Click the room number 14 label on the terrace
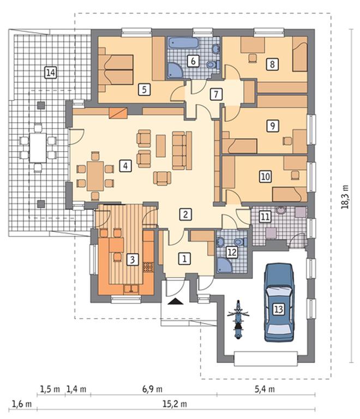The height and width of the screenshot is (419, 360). click(x=51, y=73)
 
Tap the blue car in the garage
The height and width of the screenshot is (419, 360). click(x=279, y=302)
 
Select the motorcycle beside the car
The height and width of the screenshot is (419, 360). click(x=238, y=320)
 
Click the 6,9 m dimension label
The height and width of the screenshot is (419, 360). click(x=152, y=389)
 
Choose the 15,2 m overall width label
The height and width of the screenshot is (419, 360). click(x=175, y=404)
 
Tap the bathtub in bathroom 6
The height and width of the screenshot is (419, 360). click(x=183, y=43)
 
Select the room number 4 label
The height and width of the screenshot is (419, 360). click(x=125, y=166)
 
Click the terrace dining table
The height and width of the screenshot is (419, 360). click(x=38, y=148)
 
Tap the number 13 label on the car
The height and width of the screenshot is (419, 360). click(x=279, y=309)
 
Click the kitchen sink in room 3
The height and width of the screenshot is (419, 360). click(x=131, y=289)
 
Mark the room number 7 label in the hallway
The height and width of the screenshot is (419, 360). click(x=216, y=94)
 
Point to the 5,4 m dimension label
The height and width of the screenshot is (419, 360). click(x=265, y=389)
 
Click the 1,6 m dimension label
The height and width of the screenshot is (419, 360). click(x=21, y=404)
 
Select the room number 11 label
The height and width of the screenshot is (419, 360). click(x=265, y=217)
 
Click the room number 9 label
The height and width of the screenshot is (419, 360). click(x=272, y=125)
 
